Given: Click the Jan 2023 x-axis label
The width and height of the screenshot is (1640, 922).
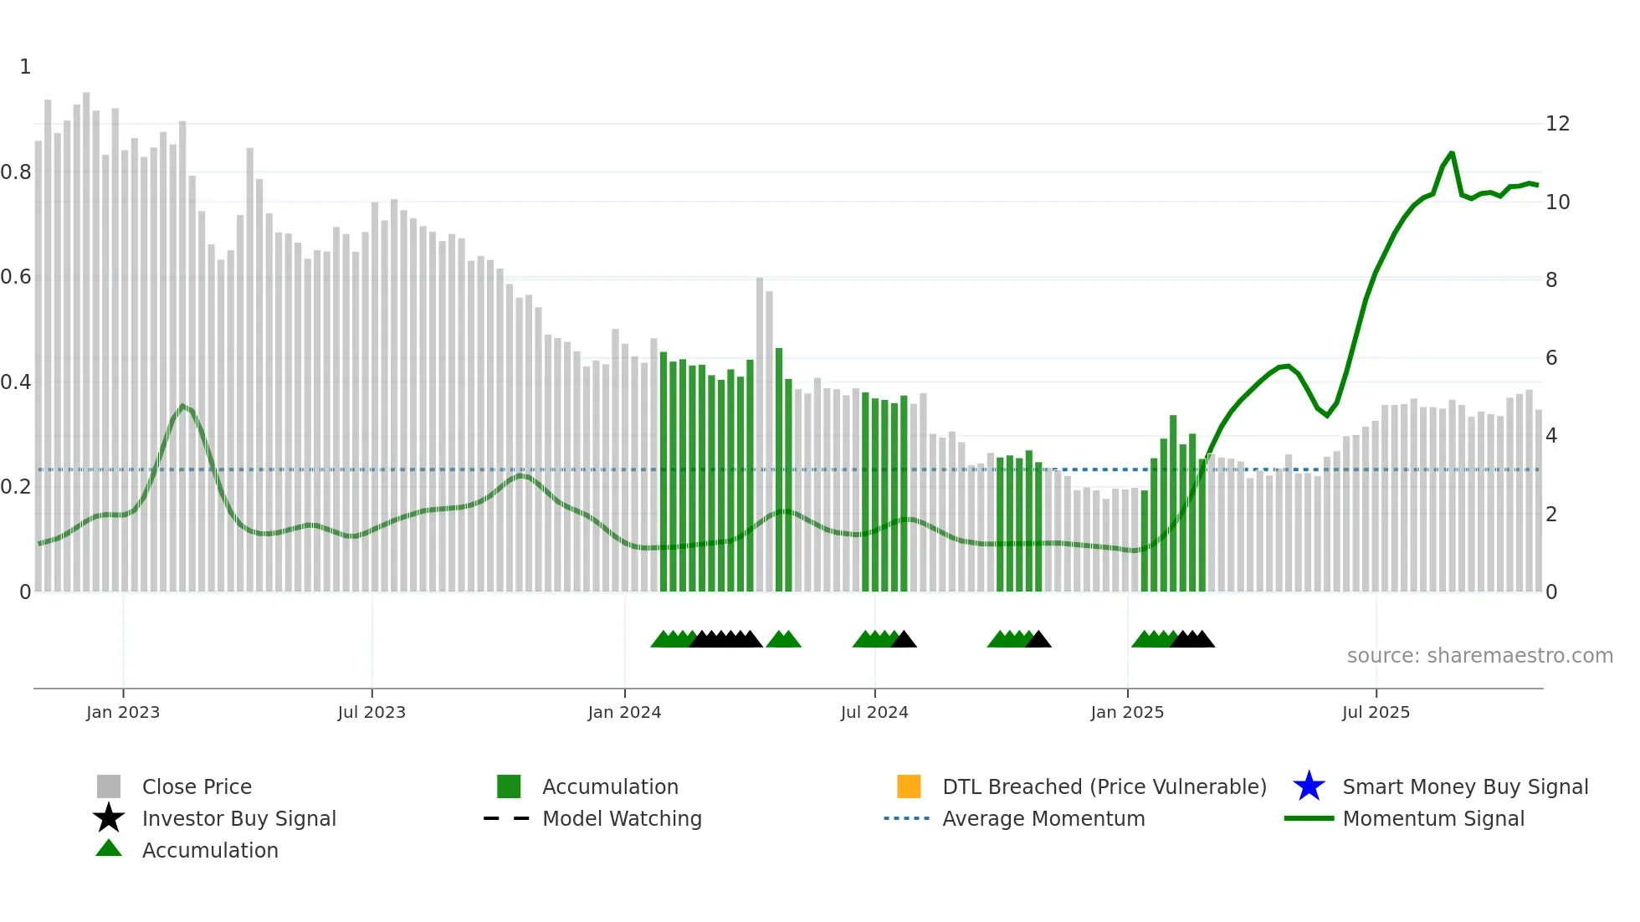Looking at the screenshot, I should pyautogui.click(x=123, y=712).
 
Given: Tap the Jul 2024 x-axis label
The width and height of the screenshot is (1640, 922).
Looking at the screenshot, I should pyautogui.click(x=874, y=712).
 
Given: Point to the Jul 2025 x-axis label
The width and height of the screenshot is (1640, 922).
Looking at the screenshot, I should pyautogui.click(x=1376, y=712).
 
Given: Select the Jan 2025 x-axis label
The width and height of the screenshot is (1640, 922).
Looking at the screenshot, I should pyautogui.click(x=1127, y=712).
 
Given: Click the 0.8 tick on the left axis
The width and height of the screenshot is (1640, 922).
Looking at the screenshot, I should pyautogui.click(x=15, y=172).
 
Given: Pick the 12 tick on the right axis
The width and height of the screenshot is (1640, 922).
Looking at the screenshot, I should pyautogui.click(x=1557, y=124).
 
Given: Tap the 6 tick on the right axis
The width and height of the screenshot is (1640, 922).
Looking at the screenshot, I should pyautogui.click(x=1551, y=358).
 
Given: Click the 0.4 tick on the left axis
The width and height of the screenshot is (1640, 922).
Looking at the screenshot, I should pyautogui.click(x=15, y=382).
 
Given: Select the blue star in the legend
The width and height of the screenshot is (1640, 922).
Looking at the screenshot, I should pyautogui.click(x=1309, y=786).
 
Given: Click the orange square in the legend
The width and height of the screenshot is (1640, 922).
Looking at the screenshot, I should pyautogui.click(x=909, y=786).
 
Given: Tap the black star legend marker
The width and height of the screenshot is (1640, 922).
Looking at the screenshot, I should pyautogui.click(x=109, y=818).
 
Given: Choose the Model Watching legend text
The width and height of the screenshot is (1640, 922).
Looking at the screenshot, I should pyautogui.click(x=622, y=818).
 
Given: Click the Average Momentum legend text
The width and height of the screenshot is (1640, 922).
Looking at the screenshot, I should pyautogui.click(x=1043, y=818).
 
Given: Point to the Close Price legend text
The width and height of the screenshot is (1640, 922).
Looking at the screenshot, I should pyautogui.click(x=197, y=786).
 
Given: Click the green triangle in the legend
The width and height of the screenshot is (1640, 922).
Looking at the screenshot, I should pyautogui.click(x=109, y=849).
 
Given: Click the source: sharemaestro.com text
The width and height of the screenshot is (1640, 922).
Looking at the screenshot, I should pyautogui.click(x=1479, y=656).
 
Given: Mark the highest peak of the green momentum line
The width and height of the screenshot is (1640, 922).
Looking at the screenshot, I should pyautogui.click(x=1452, y=153).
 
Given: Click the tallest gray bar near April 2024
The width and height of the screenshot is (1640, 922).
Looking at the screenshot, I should pyautogui.click(x=760, y=435).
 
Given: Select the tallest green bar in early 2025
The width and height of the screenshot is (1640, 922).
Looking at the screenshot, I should pyautogui.click(x=1173, y=502).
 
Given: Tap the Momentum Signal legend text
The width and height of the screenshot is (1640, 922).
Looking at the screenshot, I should pyautogui.click(x=1433, y=818).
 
